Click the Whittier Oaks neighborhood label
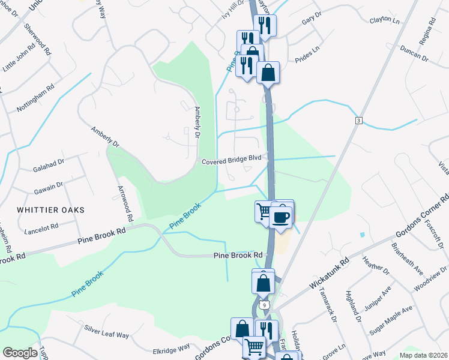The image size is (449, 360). (x=50, y=210)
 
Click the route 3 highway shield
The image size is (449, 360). (x=358, y=121)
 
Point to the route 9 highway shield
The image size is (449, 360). (x=264, y=305)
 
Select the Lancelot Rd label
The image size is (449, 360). (x=41, y=228)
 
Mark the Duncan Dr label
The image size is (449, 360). (x=414, y=55)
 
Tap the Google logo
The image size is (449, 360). (x=20, y=353)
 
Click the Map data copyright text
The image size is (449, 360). (x=423, y=355)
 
